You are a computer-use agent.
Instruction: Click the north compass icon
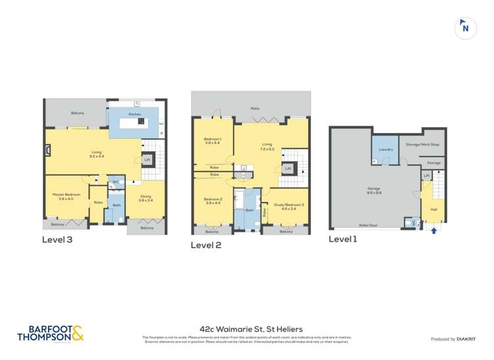pos(465,27)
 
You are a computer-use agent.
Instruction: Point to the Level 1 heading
pos(343,239)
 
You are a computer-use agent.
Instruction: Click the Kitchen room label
pos(134,115)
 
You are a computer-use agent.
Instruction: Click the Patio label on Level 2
pos(255,108)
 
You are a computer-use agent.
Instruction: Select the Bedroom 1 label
pos(212,139)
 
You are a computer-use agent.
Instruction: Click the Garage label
pos(374,189)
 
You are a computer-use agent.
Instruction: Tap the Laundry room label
pos(386,149)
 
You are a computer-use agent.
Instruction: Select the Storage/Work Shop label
pos(422,144)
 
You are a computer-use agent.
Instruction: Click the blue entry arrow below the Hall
pos(433,230)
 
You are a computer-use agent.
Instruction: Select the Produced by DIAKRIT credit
pos(453,339)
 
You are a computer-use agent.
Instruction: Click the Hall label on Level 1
pos(433,209)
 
